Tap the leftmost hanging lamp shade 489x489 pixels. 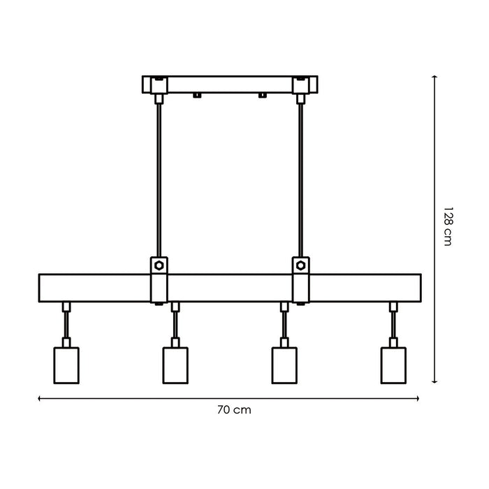(66, 364)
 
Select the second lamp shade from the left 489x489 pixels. (175, 364)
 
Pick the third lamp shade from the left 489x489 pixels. (284, 364)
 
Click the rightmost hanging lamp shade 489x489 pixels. (393, 364)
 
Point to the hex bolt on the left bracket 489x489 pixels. (159, 265)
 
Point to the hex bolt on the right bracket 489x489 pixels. (301, 265)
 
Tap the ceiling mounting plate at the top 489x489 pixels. (230, 84)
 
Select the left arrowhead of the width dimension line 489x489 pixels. (40, 399)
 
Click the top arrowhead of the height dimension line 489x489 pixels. (435, 78)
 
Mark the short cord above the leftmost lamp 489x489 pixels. (66, 324)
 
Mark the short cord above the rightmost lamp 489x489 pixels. (393, 324)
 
